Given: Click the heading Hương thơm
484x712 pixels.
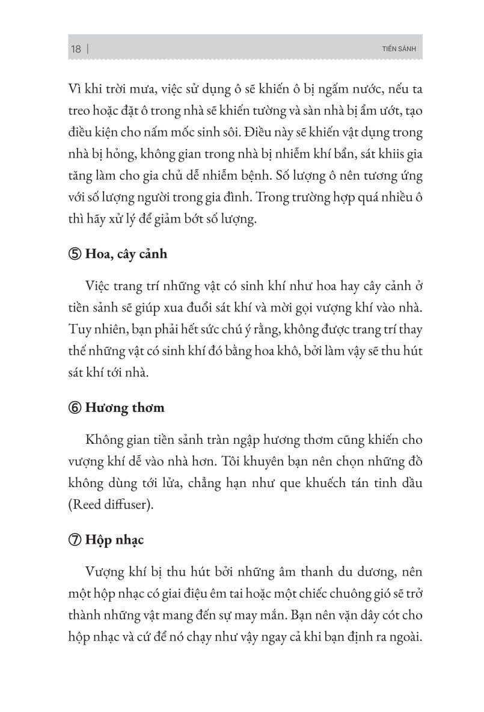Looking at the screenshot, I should [126, 408].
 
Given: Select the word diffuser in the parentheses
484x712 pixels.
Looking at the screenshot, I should [129, 504].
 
